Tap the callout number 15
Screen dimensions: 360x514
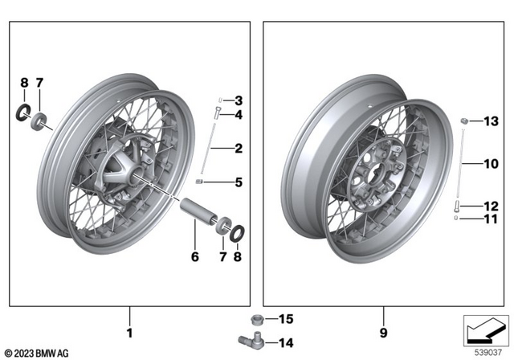[x=287, y=320]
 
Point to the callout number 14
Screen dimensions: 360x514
[x=287, y=343]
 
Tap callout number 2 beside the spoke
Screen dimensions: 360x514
[x=239, y=149]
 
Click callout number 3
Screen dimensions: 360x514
[x=239, y=100]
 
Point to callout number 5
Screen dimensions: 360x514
[x=239, y=182]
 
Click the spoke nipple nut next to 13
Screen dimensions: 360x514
[x=464, y=121]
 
